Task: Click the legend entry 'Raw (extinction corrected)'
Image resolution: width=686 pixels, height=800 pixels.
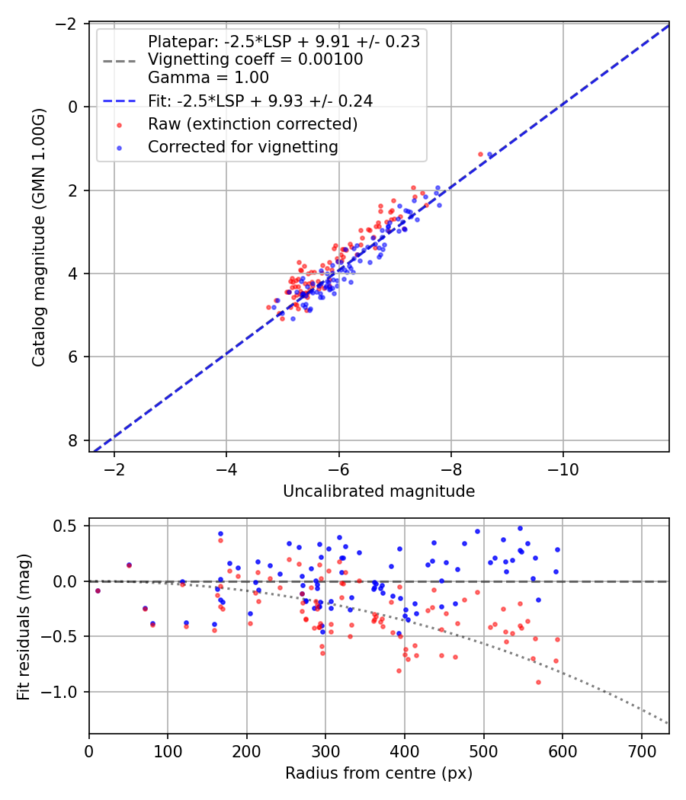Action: point(252,123)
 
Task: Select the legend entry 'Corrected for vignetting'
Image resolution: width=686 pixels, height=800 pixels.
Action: point(243,146)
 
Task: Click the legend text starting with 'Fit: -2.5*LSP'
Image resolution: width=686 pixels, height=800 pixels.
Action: point(260,101)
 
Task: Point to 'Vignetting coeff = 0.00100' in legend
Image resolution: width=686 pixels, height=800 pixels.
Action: point(255,59)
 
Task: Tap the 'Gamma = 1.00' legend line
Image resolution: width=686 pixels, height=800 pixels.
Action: point(208,77)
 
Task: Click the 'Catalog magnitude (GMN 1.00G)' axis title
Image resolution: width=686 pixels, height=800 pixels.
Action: point(39,237)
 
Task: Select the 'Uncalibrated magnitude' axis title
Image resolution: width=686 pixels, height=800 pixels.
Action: point(379,491)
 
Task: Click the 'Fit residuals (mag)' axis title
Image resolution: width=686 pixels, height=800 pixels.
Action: point(24,626)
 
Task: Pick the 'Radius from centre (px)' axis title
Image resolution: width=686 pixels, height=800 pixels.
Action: point(379,773)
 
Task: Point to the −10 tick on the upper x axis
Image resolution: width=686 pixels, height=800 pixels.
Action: point(563,467)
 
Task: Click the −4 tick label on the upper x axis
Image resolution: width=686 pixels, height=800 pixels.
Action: point(226,467)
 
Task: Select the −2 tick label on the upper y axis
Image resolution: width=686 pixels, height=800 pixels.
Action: point(66,24)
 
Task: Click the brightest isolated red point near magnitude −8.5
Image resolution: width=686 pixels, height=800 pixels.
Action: point(480,154)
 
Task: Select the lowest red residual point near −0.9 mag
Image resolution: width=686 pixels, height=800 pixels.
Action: point(538,682)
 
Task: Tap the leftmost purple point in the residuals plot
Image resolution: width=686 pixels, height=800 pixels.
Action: point(98,590)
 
